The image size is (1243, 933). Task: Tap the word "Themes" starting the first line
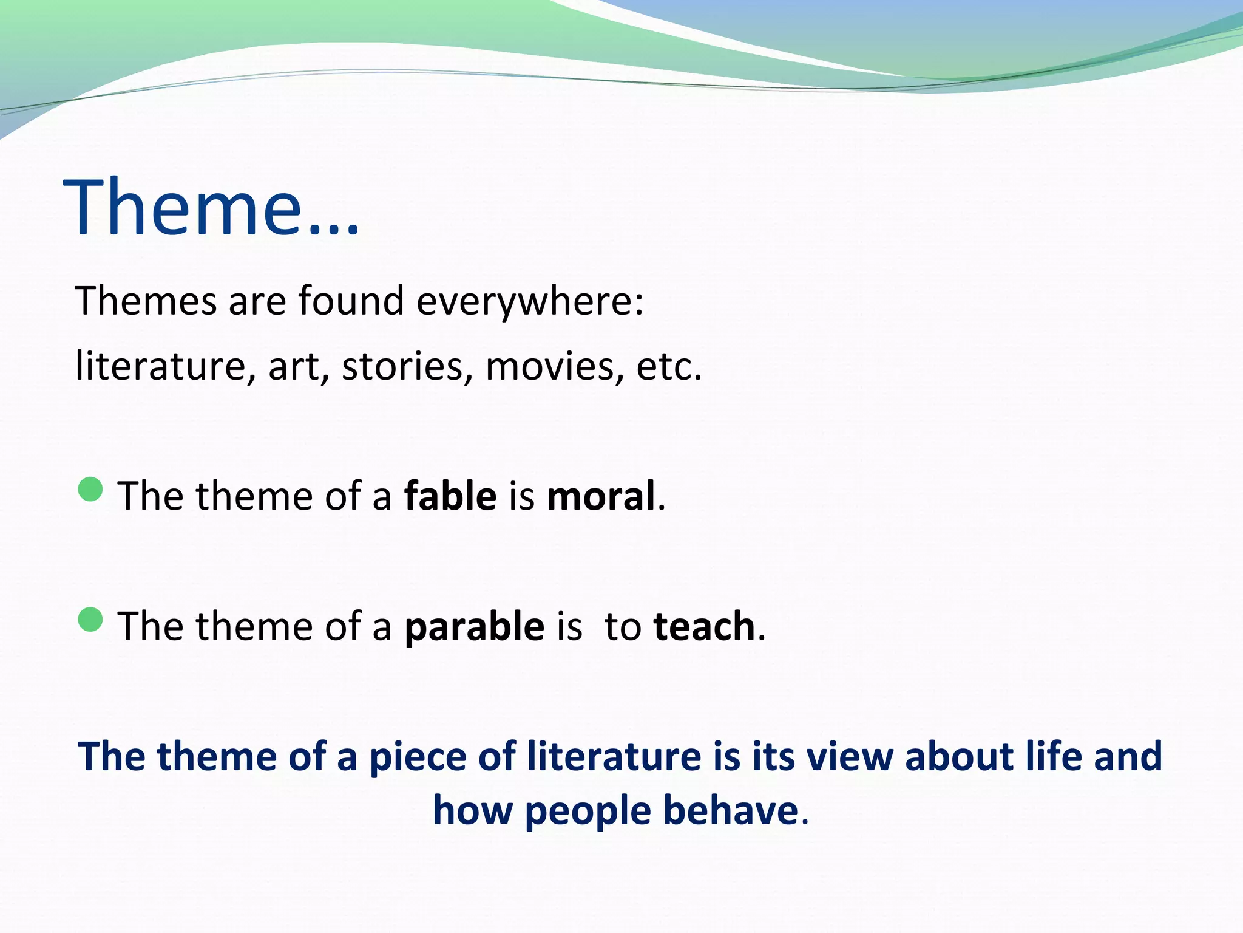coord(146,301)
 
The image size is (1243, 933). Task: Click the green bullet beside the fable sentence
coord(90,489)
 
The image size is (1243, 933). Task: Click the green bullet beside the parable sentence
coord(90,620)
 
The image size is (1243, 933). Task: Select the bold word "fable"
coord(450,496)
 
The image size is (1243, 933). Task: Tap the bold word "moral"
coord(601,496)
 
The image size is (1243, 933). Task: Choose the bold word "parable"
coord(475,627)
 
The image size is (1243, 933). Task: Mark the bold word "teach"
coord(704,626)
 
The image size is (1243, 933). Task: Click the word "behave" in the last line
coord(730,811)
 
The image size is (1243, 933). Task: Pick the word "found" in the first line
coord(351,301)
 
